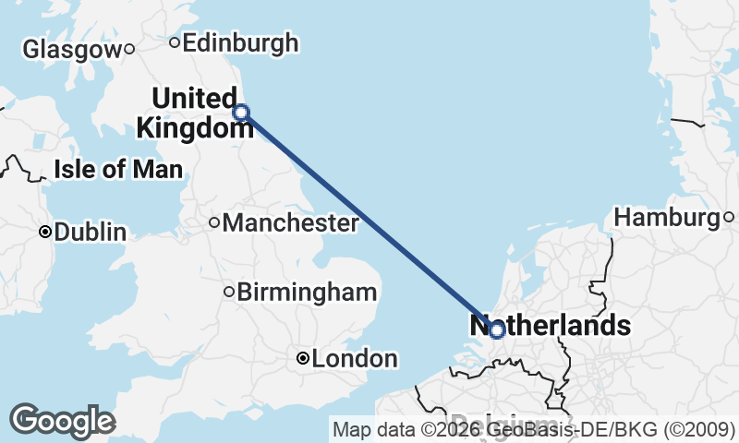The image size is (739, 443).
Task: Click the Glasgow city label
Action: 71,50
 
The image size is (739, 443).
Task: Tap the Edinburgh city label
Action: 240,42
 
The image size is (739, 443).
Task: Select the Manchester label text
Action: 290,222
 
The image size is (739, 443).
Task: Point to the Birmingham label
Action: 307,293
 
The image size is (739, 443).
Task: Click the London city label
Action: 355,359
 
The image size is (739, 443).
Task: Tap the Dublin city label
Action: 91,233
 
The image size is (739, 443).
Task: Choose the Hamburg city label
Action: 667,218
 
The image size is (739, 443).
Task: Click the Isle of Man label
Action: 118,169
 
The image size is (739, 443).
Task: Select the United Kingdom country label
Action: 194,114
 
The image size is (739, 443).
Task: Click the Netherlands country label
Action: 551,325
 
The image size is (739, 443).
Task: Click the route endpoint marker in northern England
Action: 241,113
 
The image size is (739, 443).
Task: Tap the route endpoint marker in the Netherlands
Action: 496,329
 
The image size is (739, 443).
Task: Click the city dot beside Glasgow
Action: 130,49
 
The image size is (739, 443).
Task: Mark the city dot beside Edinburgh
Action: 175,42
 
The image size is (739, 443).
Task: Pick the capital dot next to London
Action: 302,359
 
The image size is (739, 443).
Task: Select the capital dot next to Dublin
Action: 44,233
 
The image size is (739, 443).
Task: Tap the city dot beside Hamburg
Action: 729,218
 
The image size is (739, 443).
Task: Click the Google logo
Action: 62,421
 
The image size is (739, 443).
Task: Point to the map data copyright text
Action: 533,429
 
